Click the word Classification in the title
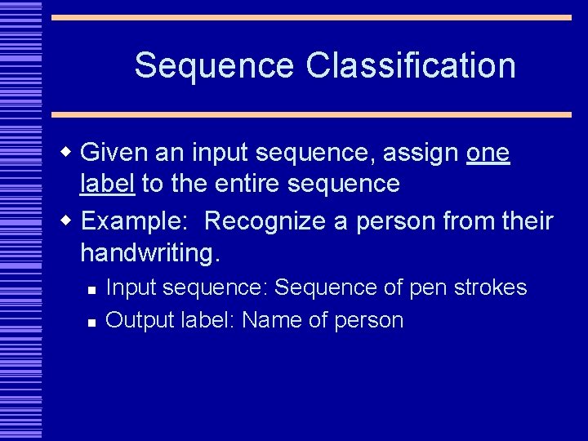tap(411, 66)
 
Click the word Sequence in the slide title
tap(215, 66)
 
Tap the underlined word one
tap(488, 154)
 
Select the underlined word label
tap(108, 183)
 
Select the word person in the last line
tap(368, 321)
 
